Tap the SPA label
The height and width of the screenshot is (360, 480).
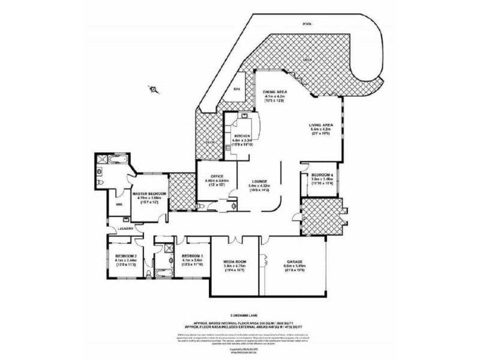coord(236,88)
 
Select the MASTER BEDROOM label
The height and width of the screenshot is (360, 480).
coord(148,194)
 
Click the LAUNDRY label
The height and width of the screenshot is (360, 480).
coord(125,229)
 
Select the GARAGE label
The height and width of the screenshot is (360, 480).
coord(294,262)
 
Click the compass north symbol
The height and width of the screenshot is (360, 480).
coord(154,90)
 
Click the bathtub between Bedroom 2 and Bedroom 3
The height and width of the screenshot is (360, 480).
coord(162,273)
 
